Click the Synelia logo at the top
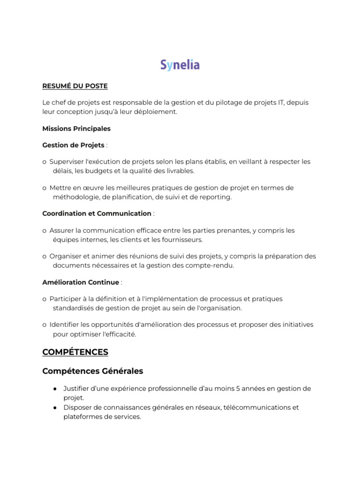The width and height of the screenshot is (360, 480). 180,65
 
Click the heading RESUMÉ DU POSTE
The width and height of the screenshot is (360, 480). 75,86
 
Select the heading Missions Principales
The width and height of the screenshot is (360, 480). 76,128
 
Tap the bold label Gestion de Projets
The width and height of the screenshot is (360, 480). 73,145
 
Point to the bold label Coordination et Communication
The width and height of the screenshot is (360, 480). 97,214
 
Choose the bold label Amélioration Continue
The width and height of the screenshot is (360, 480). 81,282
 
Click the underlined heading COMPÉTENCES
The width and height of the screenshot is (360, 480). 75,352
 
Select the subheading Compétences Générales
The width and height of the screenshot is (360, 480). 92,371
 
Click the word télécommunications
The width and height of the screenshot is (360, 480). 256,407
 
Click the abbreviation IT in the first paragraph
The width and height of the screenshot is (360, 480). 277,103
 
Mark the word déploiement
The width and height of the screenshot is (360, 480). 157,112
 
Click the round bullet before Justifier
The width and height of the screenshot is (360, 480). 55,389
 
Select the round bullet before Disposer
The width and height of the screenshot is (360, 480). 55,407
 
